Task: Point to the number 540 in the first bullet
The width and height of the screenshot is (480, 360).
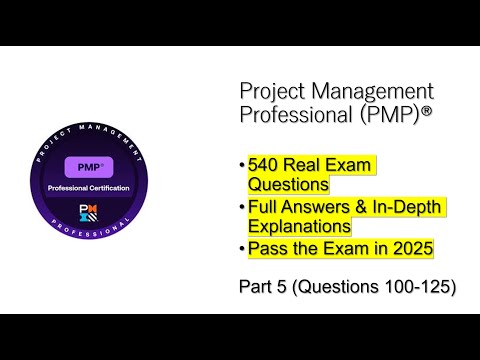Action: point(263,164)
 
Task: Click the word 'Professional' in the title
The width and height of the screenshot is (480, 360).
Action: point(294,115)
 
